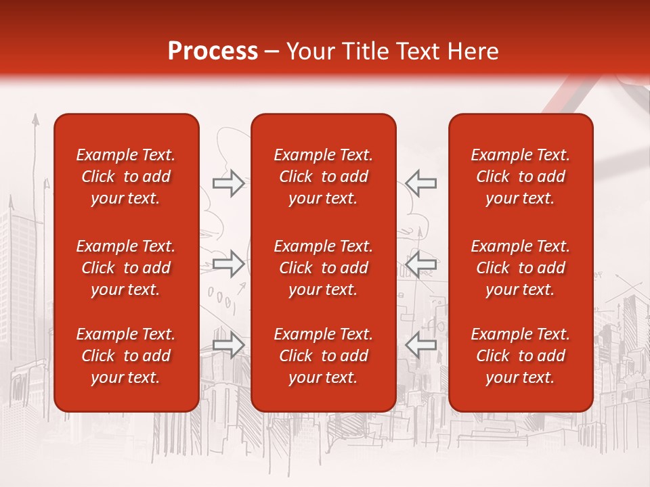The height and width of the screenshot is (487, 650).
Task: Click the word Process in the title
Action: pyautogui.click(x=213, y=51)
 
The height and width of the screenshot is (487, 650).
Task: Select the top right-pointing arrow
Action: pyautogui.click(x=228, y=183)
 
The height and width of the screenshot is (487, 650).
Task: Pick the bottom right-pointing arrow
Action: pyautogui.click(x=228, y=345)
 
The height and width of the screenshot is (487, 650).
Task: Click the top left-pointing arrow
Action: pyautogui.click(x=421, y=183)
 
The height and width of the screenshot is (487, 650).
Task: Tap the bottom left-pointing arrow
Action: pyautogui.click(x=421, y=345)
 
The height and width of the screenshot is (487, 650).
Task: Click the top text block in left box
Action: pyautogui.click(x=126, y=177)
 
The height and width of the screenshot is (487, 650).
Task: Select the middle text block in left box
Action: pyautogui.click(x=126, y=268)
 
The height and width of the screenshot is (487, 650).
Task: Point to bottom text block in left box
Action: pyautogui.click(x=126, y=356)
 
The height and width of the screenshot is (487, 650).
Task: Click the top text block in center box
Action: pyautogui.click(x=324, y=177)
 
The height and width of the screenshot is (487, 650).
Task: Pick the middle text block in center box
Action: pyautogui.click(x=324, y=268)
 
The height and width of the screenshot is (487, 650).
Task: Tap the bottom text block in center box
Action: pyautogui.click(x=324, y=356)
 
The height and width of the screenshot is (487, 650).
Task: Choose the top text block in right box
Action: pyautogui.click(x=521, y=177)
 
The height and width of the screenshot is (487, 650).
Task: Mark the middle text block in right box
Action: pyautogui.click(x=521, y=268)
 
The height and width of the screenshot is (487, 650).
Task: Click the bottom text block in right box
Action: pyautogui.click(x=521, y=356)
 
